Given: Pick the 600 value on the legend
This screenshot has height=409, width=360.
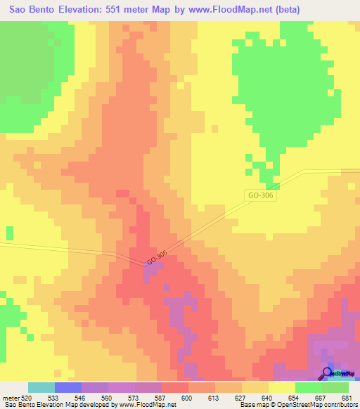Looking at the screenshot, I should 187,398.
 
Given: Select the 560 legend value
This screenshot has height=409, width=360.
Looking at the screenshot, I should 107,398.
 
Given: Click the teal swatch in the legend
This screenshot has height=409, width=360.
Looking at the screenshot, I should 41,387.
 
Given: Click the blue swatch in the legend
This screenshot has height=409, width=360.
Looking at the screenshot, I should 67,387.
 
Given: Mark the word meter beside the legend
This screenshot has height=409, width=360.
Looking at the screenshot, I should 9,398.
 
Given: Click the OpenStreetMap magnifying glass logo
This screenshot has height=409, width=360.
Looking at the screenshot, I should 328,374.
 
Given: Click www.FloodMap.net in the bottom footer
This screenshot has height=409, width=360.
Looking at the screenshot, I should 145,405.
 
